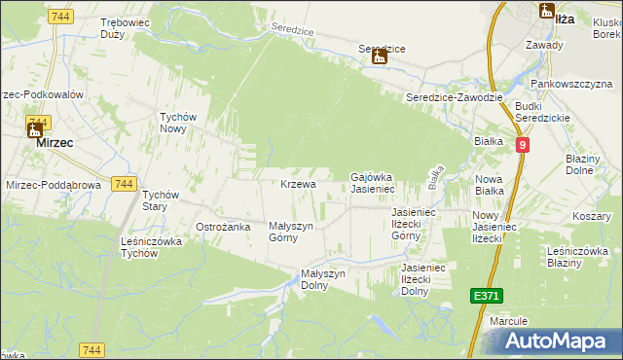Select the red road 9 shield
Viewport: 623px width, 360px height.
(x=523, y=145)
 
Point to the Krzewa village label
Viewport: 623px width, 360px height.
(x=298, y=184)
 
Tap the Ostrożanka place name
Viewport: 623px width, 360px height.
(x=224, y=227)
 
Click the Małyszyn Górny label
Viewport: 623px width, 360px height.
(x=290, y=232)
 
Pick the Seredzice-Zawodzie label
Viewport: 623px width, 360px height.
(x=454, y=97)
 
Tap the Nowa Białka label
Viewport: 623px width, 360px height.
(x=489, y=185)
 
